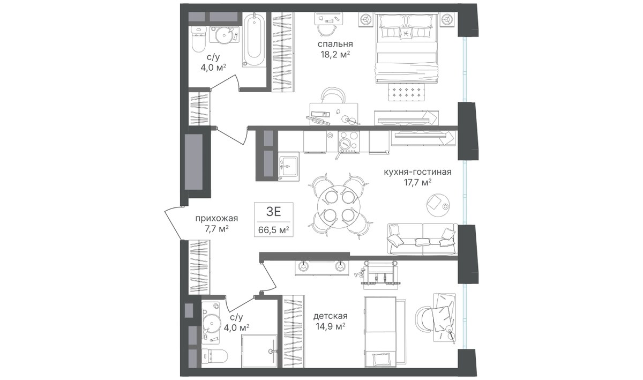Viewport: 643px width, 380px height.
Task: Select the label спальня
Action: point(335,44)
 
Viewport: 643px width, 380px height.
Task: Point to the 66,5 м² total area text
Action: point(273,230)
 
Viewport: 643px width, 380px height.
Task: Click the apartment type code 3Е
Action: point(273,212)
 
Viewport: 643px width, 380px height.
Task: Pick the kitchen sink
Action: point(288,166)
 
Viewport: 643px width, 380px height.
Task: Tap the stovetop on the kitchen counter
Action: point(348,141)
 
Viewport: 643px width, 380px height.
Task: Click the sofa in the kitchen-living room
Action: point(422,239)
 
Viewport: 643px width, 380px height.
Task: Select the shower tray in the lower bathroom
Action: point(259,351)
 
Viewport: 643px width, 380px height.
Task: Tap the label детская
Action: point(331,316)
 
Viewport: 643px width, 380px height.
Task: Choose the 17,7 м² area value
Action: point(418,183)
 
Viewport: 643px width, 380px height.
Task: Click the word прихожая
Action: point(216,219)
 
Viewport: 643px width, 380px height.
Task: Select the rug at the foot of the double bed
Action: point(407,92)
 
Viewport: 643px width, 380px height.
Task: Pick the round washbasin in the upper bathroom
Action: point(224,35)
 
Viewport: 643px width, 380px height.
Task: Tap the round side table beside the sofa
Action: point(438,205)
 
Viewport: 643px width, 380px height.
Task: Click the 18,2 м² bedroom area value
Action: point(335,55)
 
